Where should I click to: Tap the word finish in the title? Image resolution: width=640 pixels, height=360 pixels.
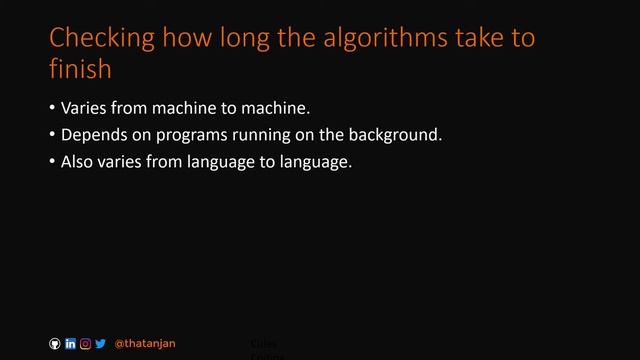coord(80,70)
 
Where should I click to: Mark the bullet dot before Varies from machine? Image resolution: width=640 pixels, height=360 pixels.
coord(52,108)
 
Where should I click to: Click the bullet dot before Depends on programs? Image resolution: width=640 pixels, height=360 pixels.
coord(52,134)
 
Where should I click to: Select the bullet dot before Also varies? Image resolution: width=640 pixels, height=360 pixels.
coord(52,160)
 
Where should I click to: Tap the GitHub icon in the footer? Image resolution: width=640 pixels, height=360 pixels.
coord(55,344)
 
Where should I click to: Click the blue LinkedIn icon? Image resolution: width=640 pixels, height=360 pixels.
coord(70,344)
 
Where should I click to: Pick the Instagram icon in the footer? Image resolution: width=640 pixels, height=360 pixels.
coord(85,344)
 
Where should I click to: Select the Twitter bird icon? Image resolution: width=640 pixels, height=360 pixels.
coord(100,344)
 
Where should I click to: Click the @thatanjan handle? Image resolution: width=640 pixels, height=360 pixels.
coord(145,344)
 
